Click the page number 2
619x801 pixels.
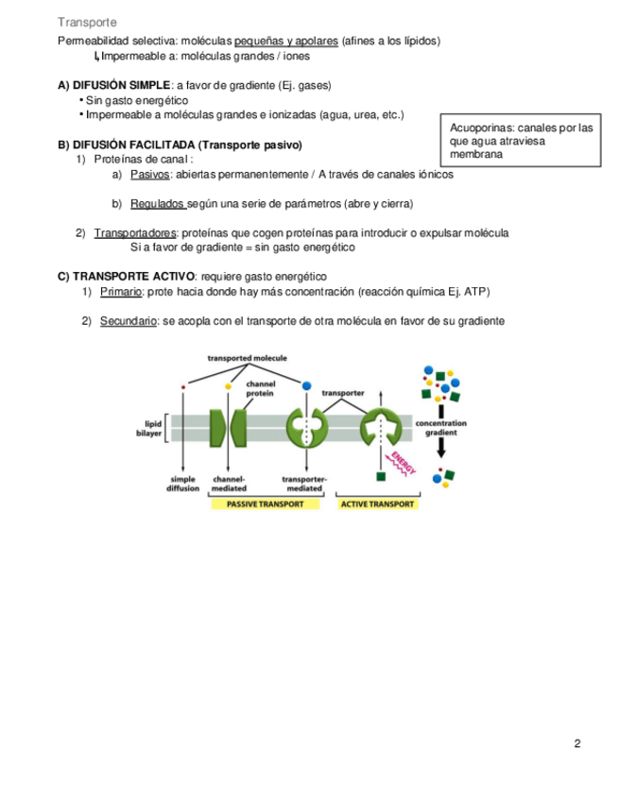pyautogui.click(x=577, y=743)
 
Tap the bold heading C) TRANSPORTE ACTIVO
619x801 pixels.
pyautogui.click(x=126, y=277)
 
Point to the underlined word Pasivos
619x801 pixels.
pyautogui.click(x=150, y=175)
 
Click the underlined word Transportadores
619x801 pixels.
pyautogui.click(x=135, y=233)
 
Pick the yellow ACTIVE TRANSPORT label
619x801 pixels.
pyautogui.click(x=377, y=504)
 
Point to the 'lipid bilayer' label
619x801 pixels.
pyautogui.click(x=153, y=429)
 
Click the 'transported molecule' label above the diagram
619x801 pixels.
pyautogui.click(x=248, y=359)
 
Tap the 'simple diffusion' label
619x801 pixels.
pyautogui.click(x=183, y=485)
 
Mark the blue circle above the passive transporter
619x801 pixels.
pyautogui.click(x=305, y=386)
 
